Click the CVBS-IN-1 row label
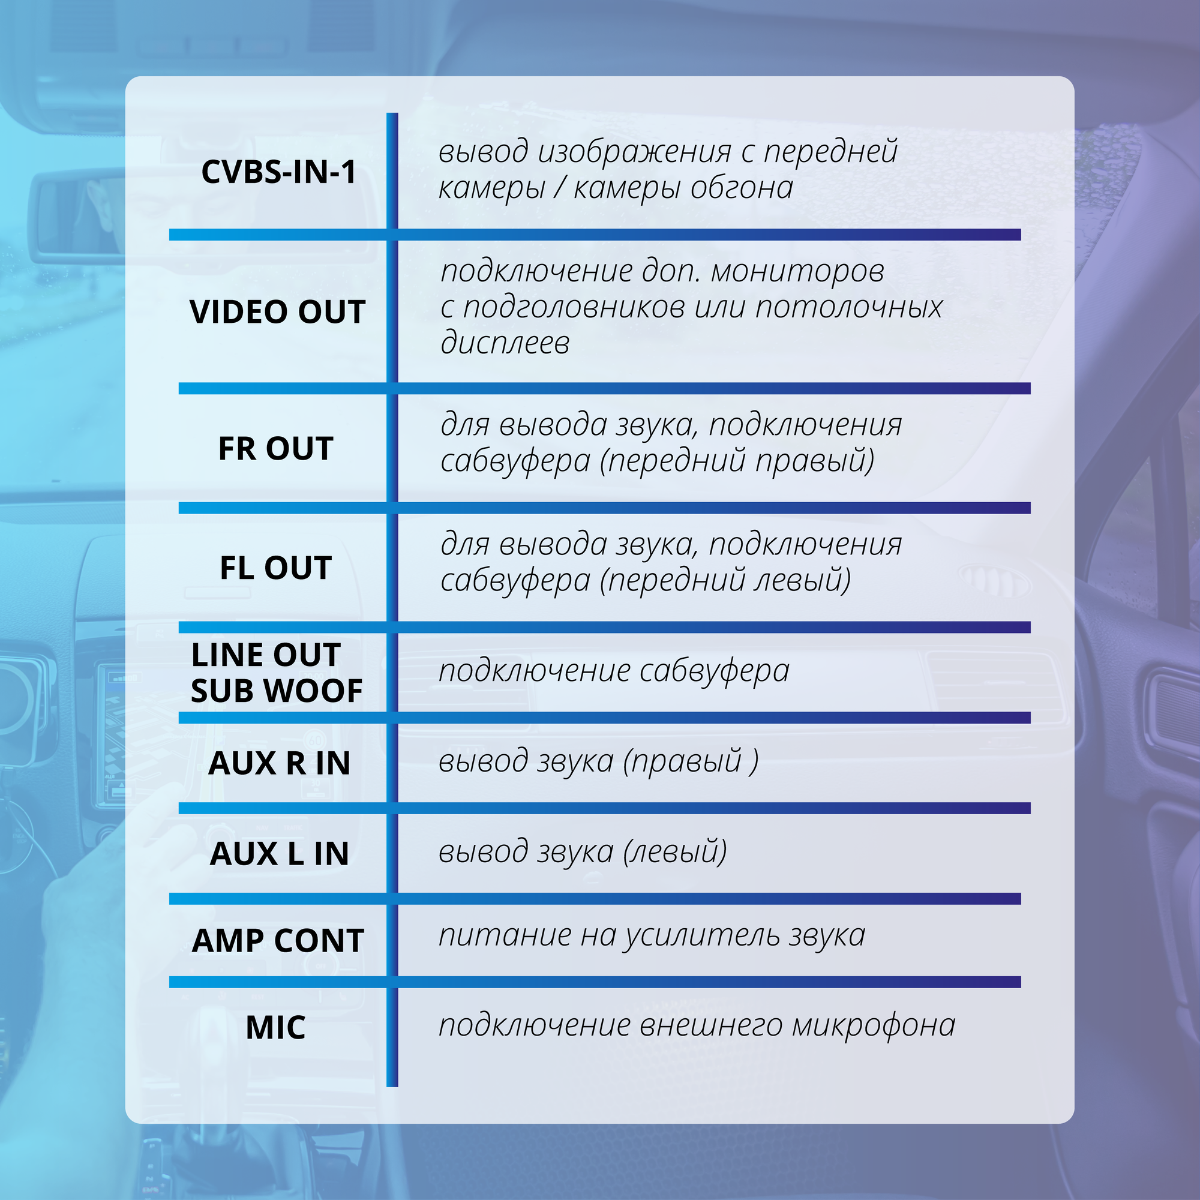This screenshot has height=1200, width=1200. click(279, 172)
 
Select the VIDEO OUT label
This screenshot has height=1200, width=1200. click(277, 312)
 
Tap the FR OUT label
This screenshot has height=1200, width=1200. click(276, 448)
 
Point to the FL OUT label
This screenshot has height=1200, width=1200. click(276, 568)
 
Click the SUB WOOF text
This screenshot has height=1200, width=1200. click(277, 691)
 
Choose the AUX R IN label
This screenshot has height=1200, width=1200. click(279, 763)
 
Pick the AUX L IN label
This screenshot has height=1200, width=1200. click(279, 853)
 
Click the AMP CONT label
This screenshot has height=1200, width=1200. click(278, 940)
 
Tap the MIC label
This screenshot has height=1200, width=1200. click(276, 1027)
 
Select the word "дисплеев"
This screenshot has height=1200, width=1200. click(505, 343)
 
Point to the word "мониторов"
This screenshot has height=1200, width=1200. click(797, 271)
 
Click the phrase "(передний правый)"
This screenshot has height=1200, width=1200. click(737, 461)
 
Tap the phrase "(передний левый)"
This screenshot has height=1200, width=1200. click(725, 580)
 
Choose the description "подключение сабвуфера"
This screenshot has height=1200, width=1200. click(614, 671)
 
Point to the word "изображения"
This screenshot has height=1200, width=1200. click(635, 152)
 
